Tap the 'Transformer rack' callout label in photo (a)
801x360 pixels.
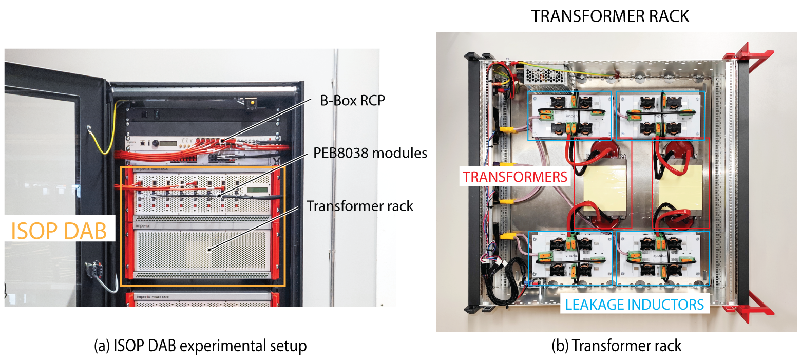(359, 206)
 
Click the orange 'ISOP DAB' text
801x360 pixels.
(58, 231)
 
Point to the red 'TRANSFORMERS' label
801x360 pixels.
(515, 177)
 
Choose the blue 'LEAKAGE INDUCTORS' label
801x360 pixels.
(634, 305)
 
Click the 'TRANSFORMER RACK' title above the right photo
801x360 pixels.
(610, 16)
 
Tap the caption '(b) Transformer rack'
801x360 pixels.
(616, 346)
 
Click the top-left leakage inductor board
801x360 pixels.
(570, 116)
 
